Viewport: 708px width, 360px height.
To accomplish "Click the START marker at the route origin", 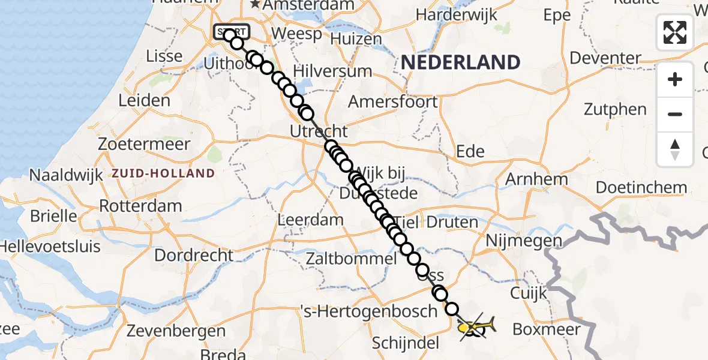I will point(229,32).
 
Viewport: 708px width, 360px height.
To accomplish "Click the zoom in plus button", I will point(675,80).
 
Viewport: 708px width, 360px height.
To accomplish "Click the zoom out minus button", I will point(675,114).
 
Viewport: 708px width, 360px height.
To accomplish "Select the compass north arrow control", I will point(675,149).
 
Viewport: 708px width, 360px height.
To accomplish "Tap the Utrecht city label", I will point(318,131).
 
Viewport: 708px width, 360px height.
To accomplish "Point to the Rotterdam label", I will point(140,206).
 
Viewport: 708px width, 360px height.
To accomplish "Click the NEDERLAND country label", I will point(460,62).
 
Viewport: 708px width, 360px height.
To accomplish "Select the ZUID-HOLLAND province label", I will point(163,174).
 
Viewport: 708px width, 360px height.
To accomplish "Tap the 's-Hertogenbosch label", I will point(369,311).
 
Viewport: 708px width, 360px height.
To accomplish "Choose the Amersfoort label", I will point(393,102).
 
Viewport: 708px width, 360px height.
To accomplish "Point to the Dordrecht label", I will point(194,255).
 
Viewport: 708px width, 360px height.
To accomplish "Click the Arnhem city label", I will point(536,179).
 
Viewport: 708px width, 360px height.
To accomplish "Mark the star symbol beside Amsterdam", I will point(255,5).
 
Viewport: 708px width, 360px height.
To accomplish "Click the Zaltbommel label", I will point(351,259).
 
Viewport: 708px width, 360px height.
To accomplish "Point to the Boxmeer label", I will point(547,329).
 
